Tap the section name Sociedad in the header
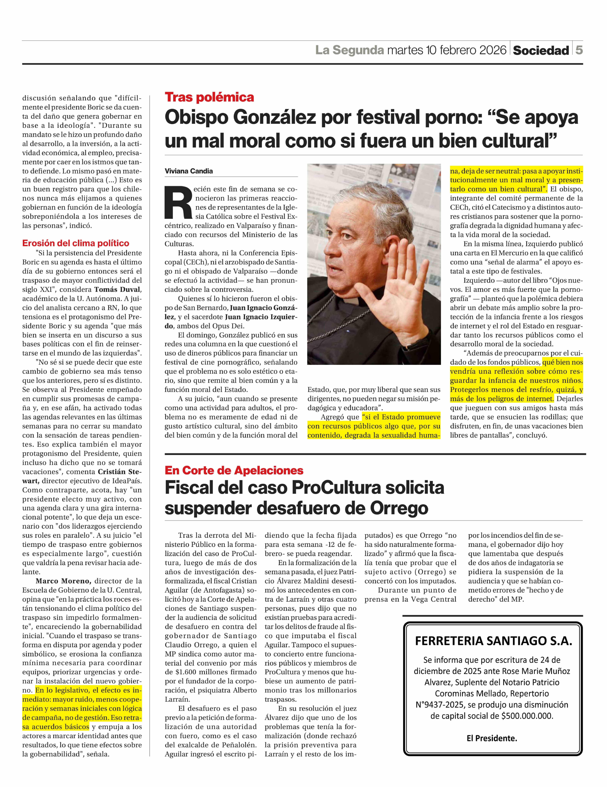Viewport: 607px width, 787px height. (x=541, y=50)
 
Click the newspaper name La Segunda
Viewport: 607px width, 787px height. (x=349, y=50)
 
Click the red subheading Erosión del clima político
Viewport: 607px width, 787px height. (x=76, y=243)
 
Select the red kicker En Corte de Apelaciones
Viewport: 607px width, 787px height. (x=234, y=470)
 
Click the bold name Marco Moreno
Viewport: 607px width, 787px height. (x=63, y=581)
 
